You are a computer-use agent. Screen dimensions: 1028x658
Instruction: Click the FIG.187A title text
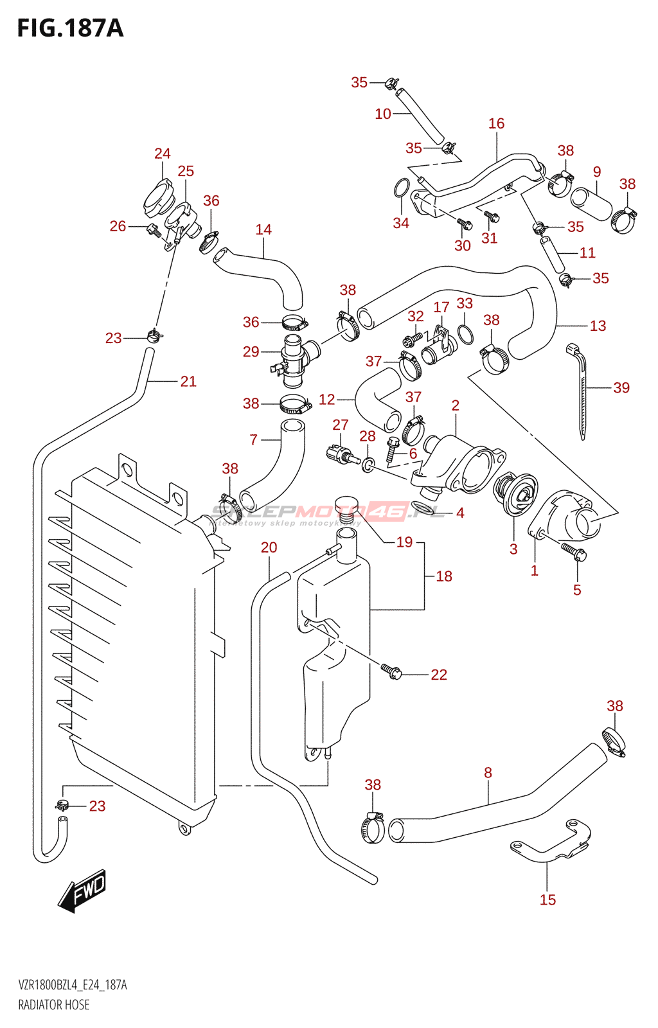(69, 28)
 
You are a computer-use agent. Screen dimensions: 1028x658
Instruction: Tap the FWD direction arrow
(82, 891)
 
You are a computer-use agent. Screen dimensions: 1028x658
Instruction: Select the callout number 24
(162, 154)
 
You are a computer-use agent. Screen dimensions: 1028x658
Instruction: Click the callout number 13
(598, 326)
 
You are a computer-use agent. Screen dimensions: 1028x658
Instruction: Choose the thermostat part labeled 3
(515, 493)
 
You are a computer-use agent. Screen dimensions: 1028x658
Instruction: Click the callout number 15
(547, 899)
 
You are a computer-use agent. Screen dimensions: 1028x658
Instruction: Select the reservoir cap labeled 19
(346, 504)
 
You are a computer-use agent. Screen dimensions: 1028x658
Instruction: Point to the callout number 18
(444, 576)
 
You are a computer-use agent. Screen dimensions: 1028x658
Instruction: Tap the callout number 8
(488, 772)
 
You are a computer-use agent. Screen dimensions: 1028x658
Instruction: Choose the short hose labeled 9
(592, 204)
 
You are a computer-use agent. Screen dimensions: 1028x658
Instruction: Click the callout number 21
(188, 382)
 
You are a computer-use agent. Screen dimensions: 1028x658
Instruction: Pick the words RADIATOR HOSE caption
(54, 1005)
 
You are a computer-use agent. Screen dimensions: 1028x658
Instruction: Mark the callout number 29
(251, 351)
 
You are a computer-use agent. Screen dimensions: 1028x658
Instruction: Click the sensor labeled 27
(340, 453)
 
